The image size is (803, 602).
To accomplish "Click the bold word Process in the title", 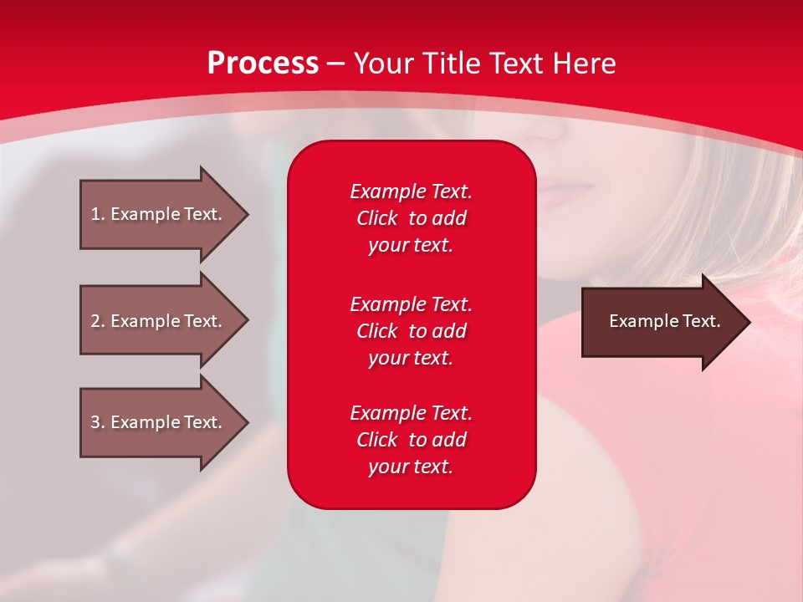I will click(263, 63).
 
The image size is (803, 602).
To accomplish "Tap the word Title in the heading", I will click(451, 63).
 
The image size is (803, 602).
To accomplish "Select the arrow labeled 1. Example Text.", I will click(159, 214).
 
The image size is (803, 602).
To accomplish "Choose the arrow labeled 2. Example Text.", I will click(159, 321).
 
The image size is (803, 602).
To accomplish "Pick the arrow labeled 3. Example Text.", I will click(159, 422).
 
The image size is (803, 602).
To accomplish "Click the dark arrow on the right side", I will click(661, 321).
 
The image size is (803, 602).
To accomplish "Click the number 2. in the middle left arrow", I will click(97, 321).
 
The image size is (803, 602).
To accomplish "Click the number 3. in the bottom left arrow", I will click(97, 422).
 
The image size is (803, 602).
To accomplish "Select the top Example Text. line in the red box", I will click(411, 191).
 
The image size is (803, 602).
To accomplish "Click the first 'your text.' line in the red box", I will click(411, 246).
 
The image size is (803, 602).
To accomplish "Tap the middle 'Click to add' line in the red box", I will click(411, 331).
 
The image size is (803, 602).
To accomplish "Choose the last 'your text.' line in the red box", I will click(411, 467).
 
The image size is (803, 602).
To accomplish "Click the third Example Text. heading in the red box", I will click(411, 412).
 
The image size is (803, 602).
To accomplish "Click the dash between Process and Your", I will click(335, 64).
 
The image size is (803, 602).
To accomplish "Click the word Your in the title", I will click(383, 63).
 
